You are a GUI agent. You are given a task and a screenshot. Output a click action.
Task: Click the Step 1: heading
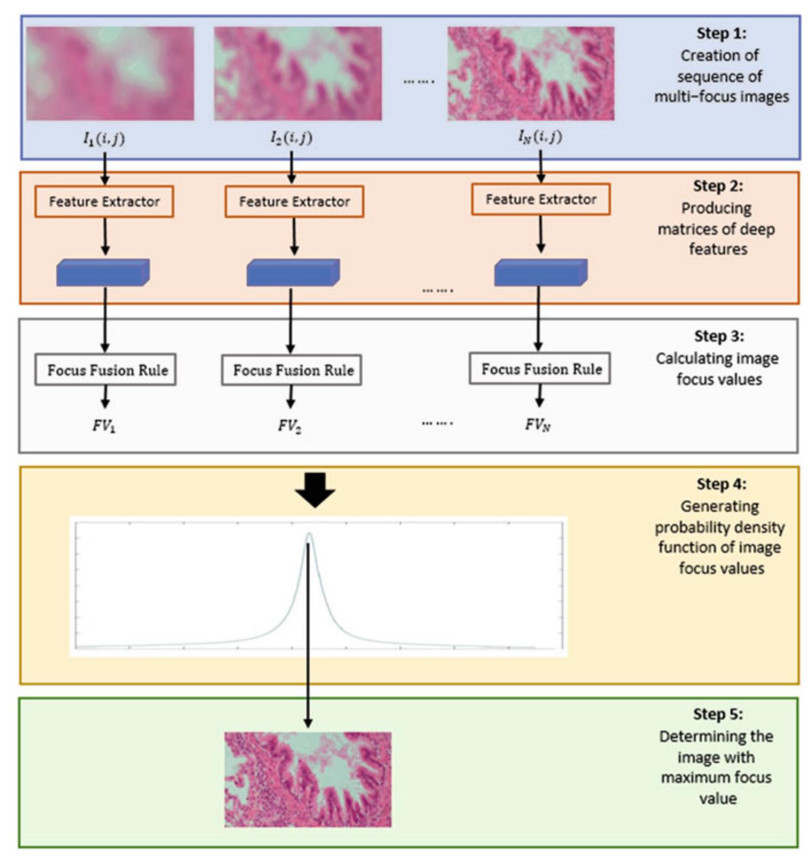[721, 33]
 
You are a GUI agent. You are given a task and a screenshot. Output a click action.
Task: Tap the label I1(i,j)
[104, 138]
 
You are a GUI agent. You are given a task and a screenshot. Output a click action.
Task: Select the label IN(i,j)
[540, 137]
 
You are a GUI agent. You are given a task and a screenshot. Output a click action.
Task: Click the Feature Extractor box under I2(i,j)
[294, 202]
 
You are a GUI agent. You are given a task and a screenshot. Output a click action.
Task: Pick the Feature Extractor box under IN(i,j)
[540, 199]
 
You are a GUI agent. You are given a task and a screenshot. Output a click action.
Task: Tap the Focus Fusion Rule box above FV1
[106, 370]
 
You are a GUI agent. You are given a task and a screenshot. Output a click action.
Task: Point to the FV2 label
[290, 425]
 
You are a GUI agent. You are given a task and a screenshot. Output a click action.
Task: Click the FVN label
[538, 425]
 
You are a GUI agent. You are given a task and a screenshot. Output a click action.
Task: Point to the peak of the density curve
[309, 535]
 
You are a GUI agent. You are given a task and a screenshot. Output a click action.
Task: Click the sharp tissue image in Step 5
[308, 779]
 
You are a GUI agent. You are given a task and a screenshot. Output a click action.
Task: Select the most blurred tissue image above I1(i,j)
[110, 73]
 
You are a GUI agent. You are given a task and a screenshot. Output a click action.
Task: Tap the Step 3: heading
[719, 336]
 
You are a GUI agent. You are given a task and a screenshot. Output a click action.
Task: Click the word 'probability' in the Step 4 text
[719, 527]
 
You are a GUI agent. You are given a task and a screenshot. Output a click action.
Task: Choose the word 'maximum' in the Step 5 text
[716, 778]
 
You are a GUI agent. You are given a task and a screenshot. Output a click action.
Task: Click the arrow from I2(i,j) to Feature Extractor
[291, 167]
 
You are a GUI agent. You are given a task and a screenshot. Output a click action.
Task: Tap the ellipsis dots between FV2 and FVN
[437, 424]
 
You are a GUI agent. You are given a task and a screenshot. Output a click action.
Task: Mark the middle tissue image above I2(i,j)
[298, 73]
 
